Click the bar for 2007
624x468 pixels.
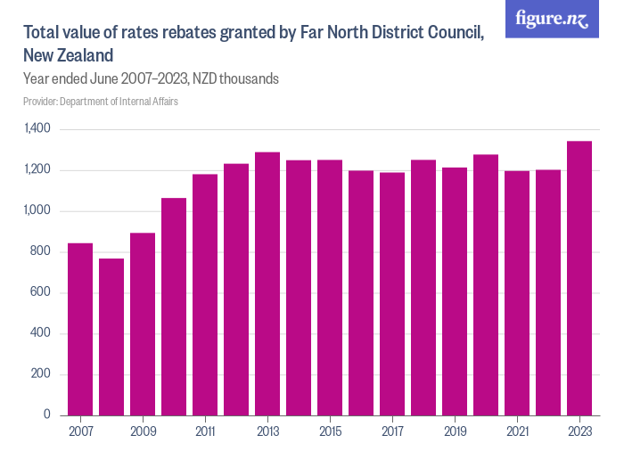pyautogui.click(x=80, y=329)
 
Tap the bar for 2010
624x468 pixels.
pyautogui.click(x=174, y=307)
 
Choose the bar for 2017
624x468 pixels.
pyautogui.click(x=392, y=293)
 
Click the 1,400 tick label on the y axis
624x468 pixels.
pyautogui.click(x=38, y=130)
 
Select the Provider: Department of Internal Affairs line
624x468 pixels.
pyautogui.click(x=101, y=102)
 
